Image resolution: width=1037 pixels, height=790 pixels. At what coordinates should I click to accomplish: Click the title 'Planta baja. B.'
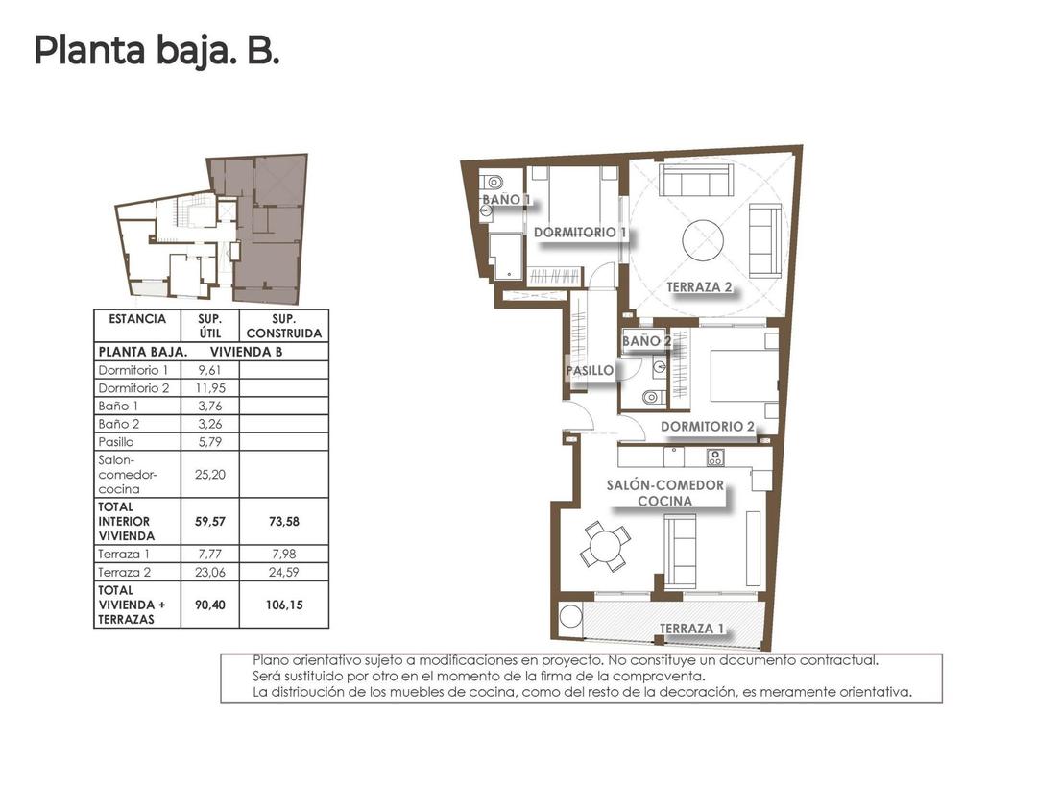157,50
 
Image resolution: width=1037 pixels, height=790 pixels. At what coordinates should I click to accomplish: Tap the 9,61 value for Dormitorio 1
209,370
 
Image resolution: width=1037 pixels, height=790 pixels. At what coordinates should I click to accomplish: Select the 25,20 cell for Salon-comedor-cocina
209,474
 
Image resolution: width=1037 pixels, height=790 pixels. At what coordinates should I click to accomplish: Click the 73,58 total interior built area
283,521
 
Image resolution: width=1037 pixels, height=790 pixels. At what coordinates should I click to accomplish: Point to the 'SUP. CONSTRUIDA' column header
283,326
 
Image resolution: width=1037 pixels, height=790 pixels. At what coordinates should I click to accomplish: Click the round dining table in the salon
606,548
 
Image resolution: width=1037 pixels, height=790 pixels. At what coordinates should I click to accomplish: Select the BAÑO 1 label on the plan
506,200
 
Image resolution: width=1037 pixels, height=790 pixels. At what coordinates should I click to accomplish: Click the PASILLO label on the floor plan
590,370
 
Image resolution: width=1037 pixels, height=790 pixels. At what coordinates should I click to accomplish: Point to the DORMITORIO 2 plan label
708,426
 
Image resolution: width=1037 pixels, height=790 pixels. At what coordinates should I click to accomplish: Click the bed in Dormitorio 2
744,376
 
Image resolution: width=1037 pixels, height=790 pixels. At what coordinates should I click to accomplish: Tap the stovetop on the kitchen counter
715,457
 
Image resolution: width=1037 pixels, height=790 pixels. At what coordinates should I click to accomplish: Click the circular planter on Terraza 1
571,617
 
